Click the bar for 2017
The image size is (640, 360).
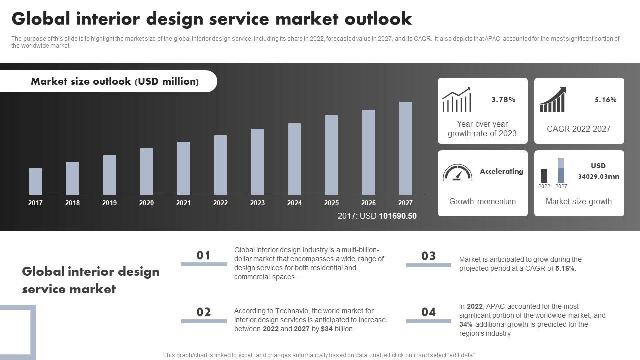pyautogui.click(x=35, y=181)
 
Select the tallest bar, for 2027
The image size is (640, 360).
pyautogui.click(x=405, y=148)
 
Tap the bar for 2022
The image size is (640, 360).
pyautogui.click(x=220, y=165)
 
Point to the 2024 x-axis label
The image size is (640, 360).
pyautogui.click(x=294, y=203)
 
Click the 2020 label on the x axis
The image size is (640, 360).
pyautogui.click(x=146, y=203)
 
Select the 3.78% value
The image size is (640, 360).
pyautogui.click(x=503, y=100)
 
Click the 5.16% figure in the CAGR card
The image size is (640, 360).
pyautogui.click(x=605, y=100)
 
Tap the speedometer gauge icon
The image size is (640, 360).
pyautogui.click(x=457, y=173)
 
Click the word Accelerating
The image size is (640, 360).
pyautogui.click(x=501, y=171)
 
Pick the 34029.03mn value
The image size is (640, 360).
pyautogui.click(x=598, y=176)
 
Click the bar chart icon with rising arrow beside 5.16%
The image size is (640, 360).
pyautogui.click(x=552, y=99)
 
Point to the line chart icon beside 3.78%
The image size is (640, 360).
pyautogui.click(x=456, y=100)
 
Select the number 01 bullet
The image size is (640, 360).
pyautogui.click(x=203, y=255)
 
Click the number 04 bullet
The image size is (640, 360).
pyautogui.click(x=428, y=312)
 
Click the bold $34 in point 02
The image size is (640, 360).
pyautogui.click(x=327, y=329)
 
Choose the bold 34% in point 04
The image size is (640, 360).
pyautogui.click(x=466, y=324)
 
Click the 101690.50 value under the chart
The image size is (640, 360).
pyautogui.click(x=397, y=216)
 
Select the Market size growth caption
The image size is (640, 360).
pyautogui.click(x=579, y=201)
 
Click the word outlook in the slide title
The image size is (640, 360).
pyautogui.click(x=378, y=19)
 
